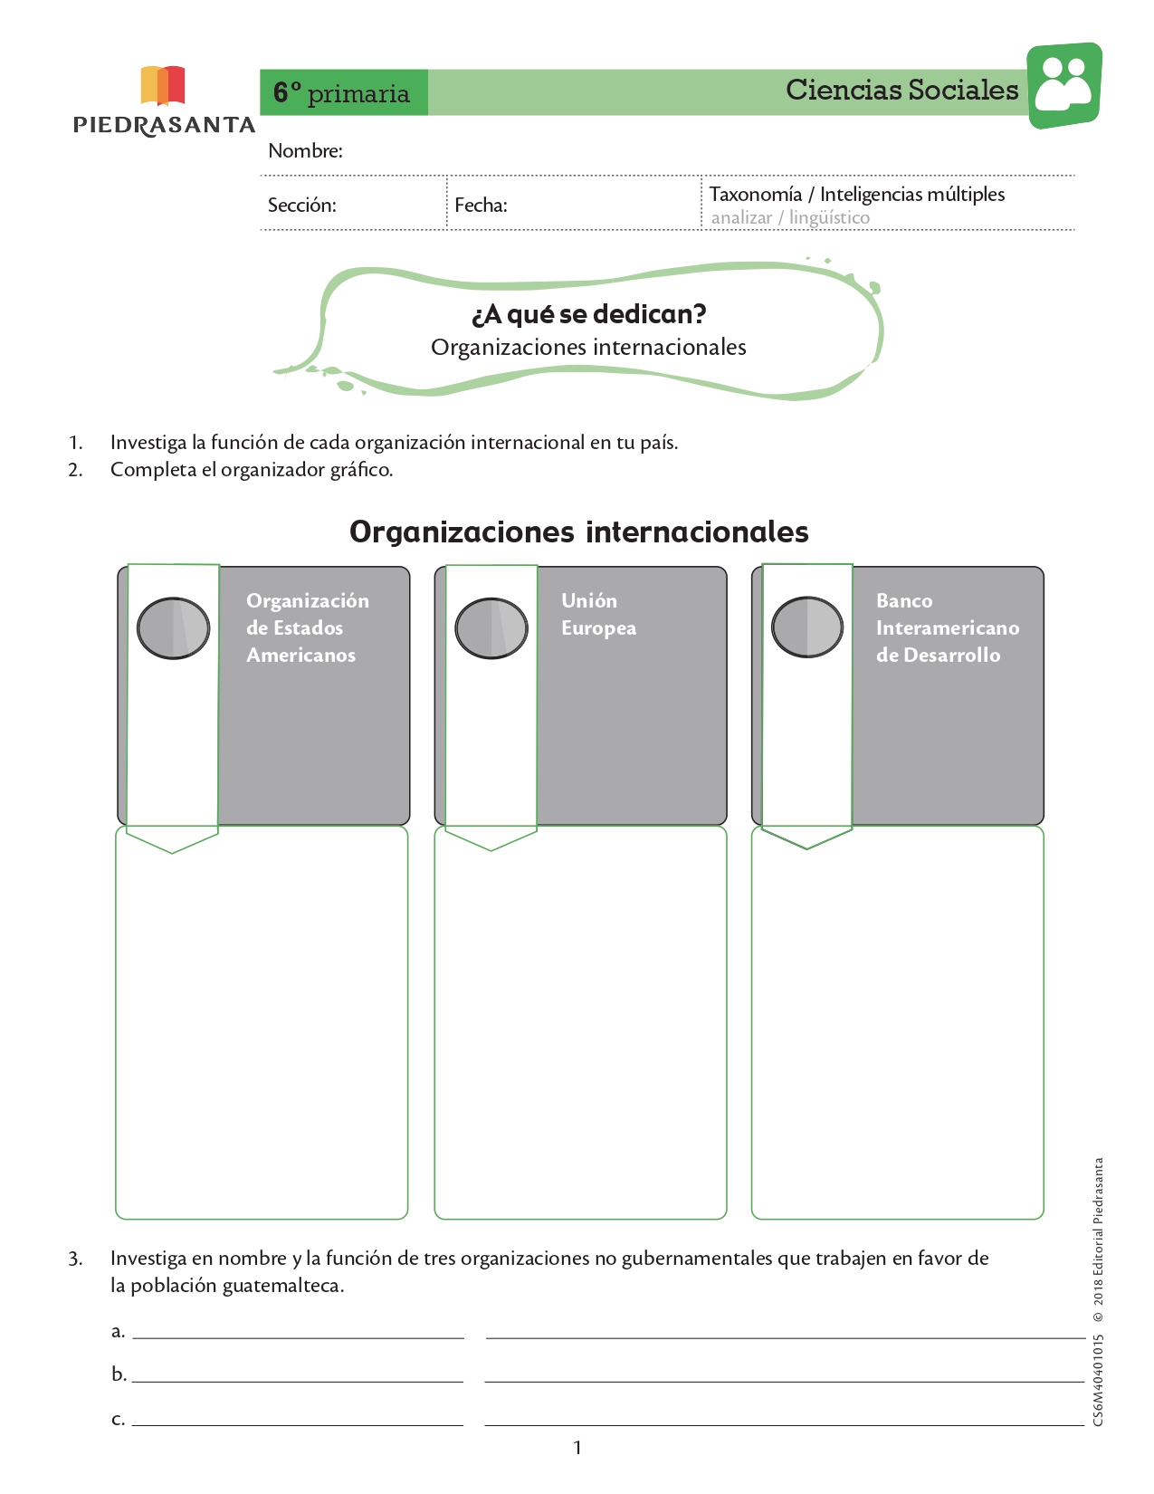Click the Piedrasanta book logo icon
pyautogui.click(x=163, y=85)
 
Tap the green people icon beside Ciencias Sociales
pyautogui.click(x=1064, y=85)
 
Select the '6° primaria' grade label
pyautogui.click(x=341, y=93)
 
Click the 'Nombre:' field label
pyautogui.click(x=305, y=150)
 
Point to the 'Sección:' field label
pyautogui.click(x=301, y=205)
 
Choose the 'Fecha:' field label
pyautogui.click(x=481, y=205)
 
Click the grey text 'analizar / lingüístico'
pyautogui.click(x=790, y=218)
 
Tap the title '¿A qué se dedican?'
pyautogui.click(x=589, y=314)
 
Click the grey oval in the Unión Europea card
pyautogui.click(x=491, y=627)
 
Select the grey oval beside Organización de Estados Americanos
pyautogui.click(x=173, y=627)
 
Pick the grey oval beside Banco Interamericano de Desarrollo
pyautogui.click(x=807, y=627)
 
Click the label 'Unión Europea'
pyautogui.click(x=598, y=614)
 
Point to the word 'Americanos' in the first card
pyautogui.click(x=301, y=655)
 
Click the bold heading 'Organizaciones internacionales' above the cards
pyautogui.click(x=578, y=532)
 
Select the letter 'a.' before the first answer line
pyautogui.click(x=119, y=1330)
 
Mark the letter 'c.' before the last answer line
pyautogui.click(x=119, y=1418)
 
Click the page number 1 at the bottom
pyautogui.click(x=577, y=1447)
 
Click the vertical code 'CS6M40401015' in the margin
pyautogui.click(x=1098, y=1380)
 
